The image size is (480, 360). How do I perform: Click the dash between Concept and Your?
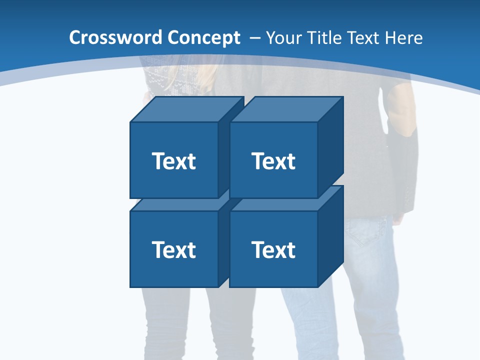254,38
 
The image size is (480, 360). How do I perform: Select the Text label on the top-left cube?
173,161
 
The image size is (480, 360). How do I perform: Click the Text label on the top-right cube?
273,161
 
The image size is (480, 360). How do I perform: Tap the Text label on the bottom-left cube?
173,249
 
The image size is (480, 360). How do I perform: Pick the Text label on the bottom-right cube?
273,249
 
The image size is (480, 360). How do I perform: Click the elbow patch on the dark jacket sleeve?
402,112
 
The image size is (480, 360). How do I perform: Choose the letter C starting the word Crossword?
74,38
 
